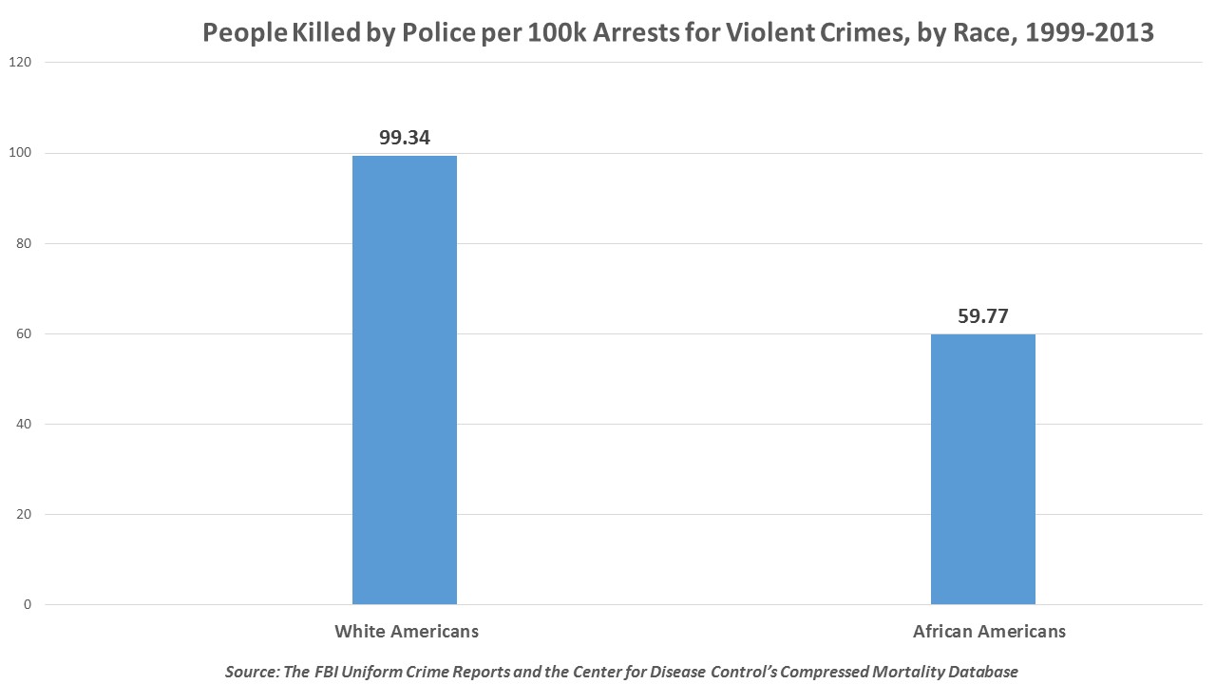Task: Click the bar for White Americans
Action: pos(404,380)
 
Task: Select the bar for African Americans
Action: pos(982,469)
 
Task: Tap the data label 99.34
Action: pos(405,137)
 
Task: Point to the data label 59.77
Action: pos(982,316)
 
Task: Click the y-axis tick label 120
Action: pos(20,63)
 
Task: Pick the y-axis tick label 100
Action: pos(20,153)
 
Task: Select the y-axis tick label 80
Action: pos(23,243)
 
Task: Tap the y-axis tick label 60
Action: pos(23,333)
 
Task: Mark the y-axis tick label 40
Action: pos(23,424)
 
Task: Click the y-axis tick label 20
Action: pos(23,515)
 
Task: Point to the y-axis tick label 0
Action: pos(27,605)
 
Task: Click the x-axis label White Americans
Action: pos(406,631)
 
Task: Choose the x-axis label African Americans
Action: pos(989,631)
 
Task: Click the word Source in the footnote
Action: pos(252,672)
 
